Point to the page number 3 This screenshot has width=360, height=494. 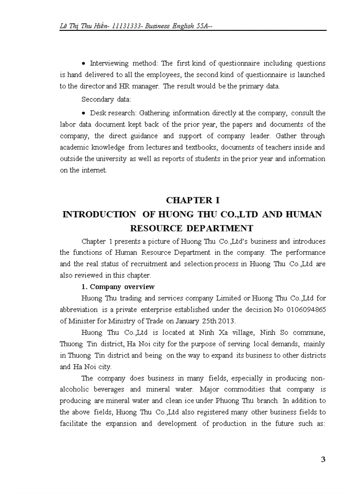323,460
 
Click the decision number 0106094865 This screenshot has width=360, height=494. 299,309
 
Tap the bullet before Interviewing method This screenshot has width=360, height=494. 84,63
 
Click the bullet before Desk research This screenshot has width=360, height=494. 84,113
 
